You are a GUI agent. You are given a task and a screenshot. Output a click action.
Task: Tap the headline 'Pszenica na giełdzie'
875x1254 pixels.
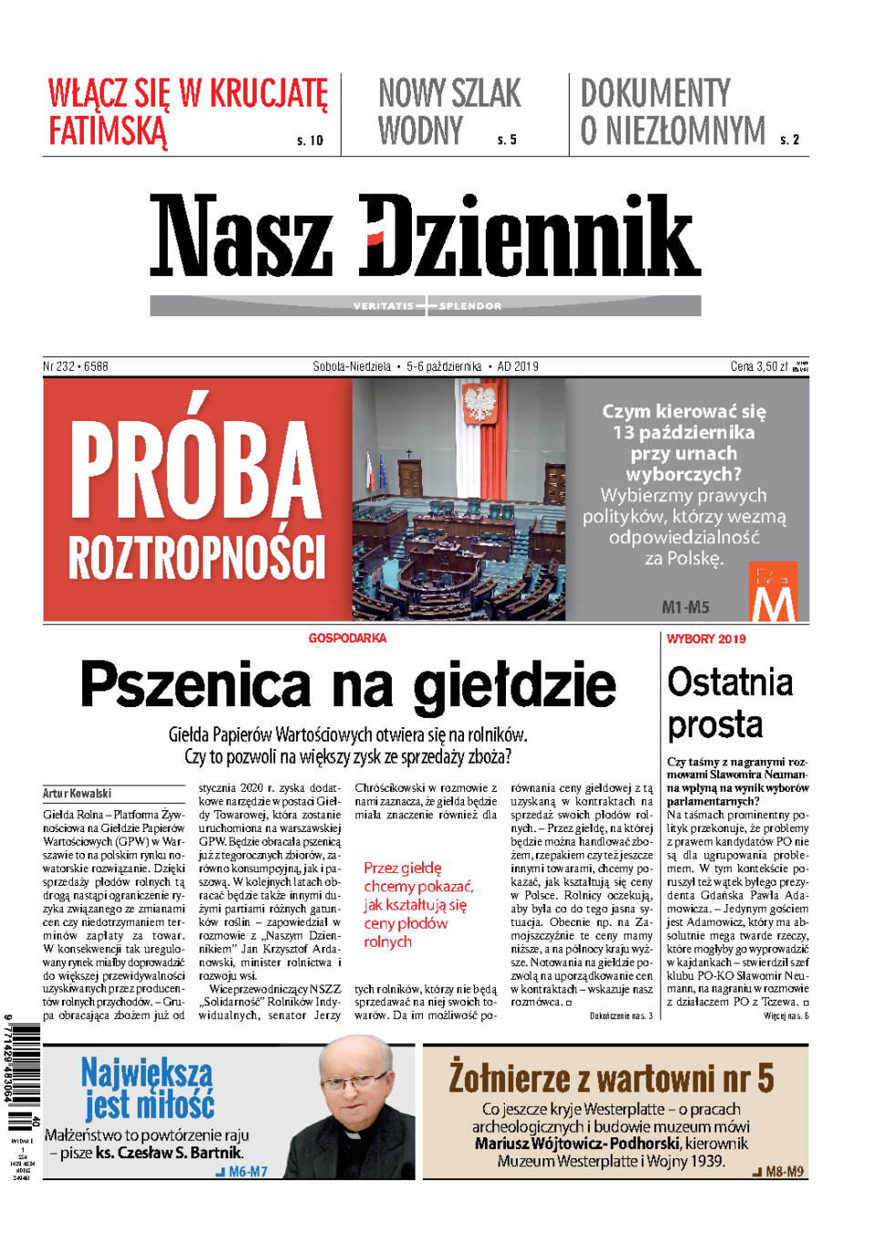click(348, 685)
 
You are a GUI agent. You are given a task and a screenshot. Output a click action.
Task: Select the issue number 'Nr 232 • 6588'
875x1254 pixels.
click(76, 366)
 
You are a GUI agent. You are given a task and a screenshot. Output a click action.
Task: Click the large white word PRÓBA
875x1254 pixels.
click(195, 469)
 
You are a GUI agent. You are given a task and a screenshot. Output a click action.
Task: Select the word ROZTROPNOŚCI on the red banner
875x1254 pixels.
click(197, 557)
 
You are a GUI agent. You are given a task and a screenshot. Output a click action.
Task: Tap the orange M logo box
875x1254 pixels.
click(773, 592)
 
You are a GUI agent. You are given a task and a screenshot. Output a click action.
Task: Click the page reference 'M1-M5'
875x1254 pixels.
click(685, 607)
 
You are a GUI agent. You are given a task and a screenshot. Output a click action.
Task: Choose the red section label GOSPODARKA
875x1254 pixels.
click(347, 638)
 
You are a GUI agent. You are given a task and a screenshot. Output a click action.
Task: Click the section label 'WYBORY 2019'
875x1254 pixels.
click(706, 639)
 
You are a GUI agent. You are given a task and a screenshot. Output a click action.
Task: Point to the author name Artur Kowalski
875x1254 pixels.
click(77, 793)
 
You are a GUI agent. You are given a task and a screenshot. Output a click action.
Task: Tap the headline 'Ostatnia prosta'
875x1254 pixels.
click(729, 703)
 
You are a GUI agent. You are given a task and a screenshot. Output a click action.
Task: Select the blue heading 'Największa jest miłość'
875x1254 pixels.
click(148, 1088)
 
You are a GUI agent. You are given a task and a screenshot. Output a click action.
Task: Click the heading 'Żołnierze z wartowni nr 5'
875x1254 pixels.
click(611, 1078)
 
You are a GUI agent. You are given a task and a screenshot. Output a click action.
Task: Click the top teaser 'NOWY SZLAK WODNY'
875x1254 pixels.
click(449, 112)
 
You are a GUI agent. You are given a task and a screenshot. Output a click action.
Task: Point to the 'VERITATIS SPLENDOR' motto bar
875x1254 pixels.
click(426, 306)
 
